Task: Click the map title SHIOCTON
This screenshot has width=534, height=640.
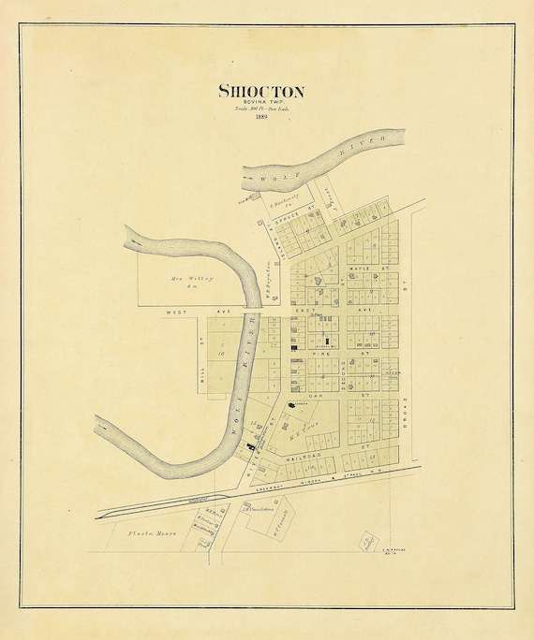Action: tap(260, 91)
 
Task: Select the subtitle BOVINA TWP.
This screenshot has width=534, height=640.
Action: tap(261, 103)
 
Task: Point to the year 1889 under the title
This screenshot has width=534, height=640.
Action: tap(260, 118)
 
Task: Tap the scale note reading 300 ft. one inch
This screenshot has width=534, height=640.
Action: tap(261, 110)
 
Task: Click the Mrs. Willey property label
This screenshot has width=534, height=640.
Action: tap(192, 280)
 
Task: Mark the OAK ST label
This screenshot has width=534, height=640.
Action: tap(316, 396)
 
